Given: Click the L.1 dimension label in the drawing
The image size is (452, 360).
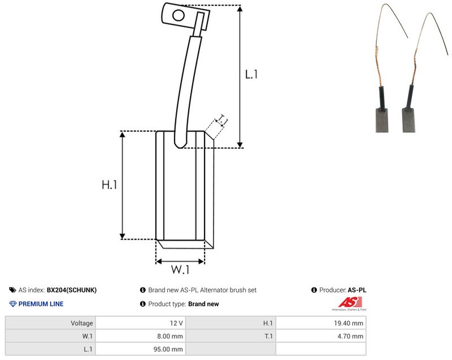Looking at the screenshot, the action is [251, 75].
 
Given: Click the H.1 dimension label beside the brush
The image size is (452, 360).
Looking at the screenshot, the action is [109, 184].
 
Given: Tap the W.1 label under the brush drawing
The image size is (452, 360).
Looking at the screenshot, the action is [180, 270].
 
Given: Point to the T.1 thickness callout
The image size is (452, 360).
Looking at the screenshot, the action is [222, 120].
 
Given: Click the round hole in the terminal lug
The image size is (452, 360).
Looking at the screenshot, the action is [179, 15].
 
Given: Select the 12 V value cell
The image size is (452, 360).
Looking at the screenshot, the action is [176, 323].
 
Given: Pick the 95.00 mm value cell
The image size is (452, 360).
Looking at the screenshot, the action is [168, 349].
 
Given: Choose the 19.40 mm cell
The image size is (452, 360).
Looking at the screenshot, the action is [349, 323].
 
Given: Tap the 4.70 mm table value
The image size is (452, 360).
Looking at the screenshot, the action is [350, 336].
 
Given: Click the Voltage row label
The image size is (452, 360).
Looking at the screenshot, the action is [82, 323].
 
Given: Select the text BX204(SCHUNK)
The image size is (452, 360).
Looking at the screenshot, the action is [72, 290].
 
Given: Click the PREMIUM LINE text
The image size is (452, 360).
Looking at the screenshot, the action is [41, 304].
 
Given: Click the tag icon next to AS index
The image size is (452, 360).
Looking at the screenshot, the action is [12, 290].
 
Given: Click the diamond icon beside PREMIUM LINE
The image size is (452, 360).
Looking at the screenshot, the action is [12, 304].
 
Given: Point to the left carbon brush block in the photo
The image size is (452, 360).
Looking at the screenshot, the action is [382, 120].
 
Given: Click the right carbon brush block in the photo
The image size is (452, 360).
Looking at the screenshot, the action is [408, 120].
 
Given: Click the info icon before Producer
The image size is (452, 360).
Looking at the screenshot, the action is [314, 290].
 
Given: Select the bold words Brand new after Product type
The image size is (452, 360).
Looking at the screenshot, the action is [203, 304].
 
